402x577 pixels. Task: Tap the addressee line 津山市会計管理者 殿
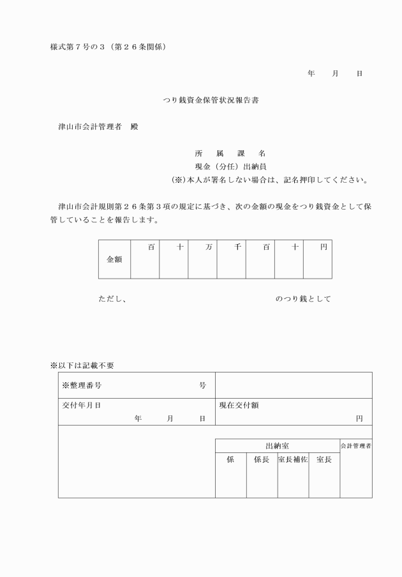point(98,127)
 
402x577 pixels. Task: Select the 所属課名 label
point(230,154)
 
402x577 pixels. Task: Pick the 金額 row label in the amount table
point(114,260)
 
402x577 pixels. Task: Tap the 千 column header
point(237,247)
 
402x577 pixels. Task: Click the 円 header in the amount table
point(324,247)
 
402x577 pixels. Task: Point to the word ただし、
point(112,298)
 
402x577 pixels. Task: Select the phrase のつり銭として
point(303,298)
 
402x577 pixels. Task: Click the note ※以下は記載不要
point(82,365)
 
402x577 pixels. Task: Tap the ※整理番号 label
point(82,385)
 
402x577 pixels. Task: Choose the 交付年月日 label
point(81,405)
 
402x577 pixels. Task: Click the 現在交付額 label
point(239,405)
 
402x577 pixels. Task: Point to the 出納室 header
point(277,445)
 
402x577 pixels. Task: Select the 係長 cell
point(262,459)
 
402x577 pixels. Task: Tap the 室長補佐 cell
point(293,459)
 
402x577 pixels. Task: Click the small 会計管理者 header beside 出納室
point(356,445)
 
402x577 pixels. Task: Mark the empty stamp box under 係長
point(262,482)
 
